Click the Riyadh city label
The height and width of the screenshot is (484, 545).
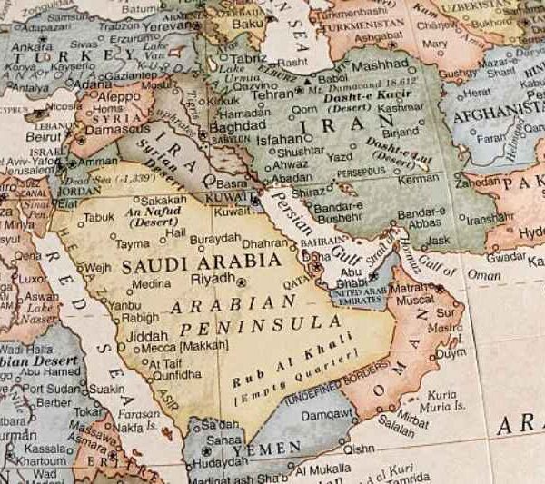coord(213,278)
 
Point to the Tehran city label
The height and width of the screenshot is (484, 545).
coord(272,93)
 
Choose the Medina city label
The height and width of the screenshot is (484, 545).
coord(151,283)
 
